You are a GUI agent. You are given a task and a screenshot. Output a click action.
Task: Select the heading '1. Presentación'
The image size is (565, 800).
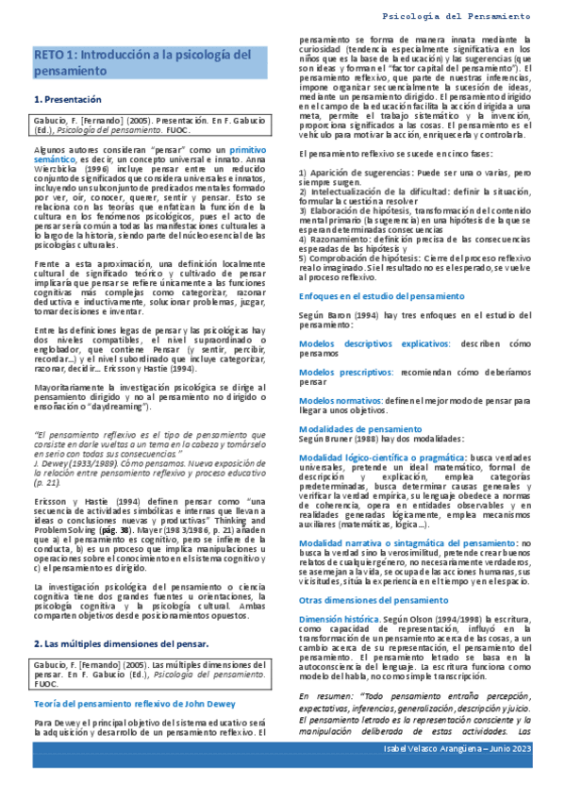click(68, 99)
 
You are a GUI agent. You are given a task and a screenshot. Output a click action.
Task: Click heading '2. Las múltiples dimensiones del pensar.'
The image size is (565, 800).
click(115, 643)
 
